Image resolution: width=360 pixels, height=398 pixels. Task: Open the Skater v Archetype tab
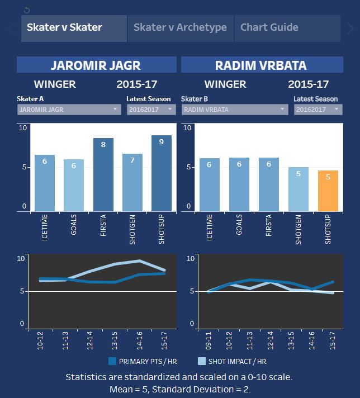pos(180,28)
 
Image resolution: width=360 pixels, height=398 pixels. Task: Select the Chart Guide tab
pos(269,28)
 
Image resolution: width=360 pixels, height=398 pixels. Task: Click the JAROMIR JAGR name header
pos(97,65)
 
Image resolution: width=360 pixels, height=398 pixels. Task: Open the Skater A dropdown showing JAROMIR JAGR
pos(69,110)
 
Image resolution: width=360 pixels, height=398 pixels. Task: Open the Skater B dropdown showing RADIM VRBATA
pos(234,110)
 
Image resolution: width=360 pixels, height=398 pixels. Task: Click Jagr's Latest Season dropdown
pos(151,110)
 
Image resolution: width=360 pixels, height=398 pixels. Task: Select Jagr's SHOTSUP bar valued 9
pos(162,173)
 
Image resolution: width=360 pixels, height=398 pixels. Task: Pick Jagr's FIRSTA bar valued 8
pos(103,174)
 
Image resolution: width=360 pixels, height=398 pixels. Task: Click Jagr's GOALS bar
pos(74,185)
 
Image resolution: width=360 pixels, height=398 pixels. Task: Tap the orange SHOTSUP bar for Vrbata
pos(328,191)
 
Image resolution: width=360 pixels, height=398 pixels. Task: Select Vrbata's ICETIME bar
pos(210,184)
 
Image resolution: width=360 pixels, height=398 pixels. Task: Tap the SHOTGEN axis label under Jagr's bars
pos(133,229)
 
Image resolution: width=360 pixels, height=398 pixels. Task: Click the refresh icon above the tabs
pos(27,10)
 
